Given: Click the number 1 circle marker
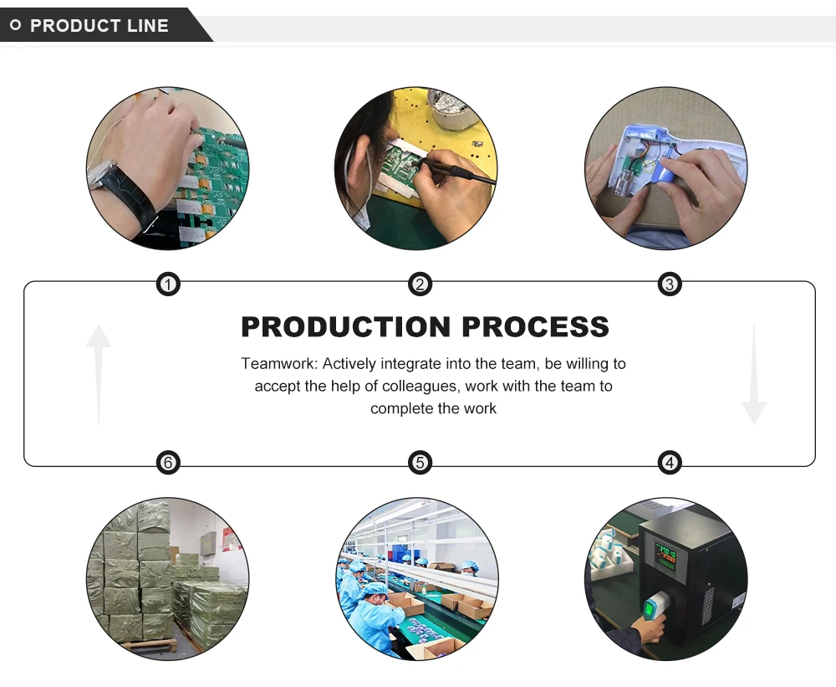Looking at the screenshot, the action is coord(169,285).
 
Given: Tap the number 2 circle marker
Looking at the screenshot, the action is coord(420,285).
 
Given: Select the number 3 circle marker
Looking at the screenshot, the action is coord(669,285).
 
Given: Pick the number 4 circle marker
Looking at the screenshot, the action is coord(669,462).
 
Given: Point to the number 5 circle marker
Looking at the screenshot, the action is coord(420,462).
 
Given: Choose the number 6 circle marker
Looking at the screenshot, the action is coord(169,462).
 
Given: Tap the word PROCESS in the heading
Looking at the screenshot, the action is coord(539,327).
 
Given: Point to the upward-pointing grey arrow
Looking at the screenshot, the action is coord(99,372).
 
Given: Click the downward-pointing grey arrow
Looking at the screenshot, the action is coord(753,377).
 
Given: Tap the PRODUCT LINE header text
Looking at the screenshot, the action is coord(99,26).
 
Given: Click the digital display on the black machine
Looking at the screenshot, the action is coord(665,556).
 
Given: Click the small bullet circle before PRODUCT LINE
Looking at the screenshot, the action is coord(15,26).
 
